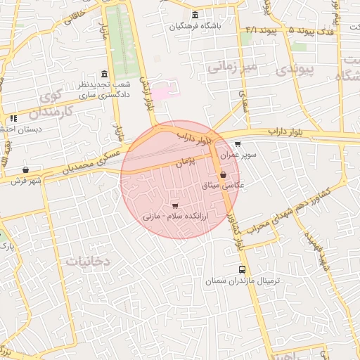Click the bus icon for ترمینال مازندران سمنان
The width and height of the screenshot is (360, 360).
tap(243, 269)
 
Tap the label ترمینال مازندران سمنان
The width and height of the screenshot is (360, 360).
tap(243, 281)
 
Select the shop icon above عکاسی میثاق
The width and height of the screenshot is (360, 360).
tap(224, 175)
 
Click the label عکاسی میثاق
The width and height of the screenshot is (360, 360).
tap(223, 186)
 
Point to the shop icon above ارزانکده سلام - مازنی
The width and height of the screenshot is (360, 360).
tap(174, 206)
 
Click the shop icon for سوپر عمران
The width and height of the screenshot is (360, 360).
tap(238, 143)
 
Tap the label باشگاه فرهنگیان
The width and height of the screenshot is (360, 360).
tap(195, 27)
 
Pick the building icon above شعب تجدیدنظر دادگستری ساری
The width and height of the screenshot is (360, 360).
tap(105, 74)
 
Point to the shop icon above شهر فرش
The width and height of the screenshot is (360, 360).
tap(26, 169)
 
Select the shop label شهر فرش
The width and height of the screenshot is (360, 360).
tap(26, 180)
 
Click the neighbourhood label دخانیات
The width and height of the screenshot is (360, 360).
tap(88, 261)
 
